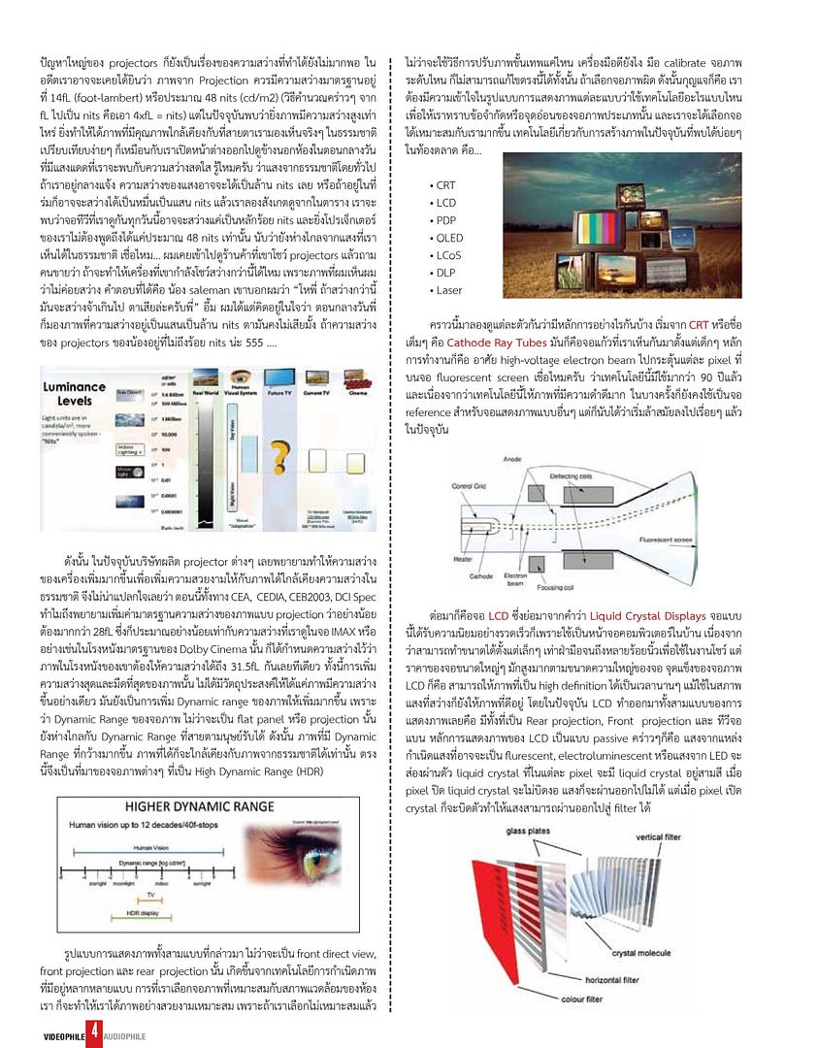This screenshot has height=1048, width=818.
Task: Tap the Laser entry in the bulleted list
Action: tap(448, 290)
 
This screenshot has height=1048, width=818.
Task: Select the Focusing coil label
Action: tap(557, 586)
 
